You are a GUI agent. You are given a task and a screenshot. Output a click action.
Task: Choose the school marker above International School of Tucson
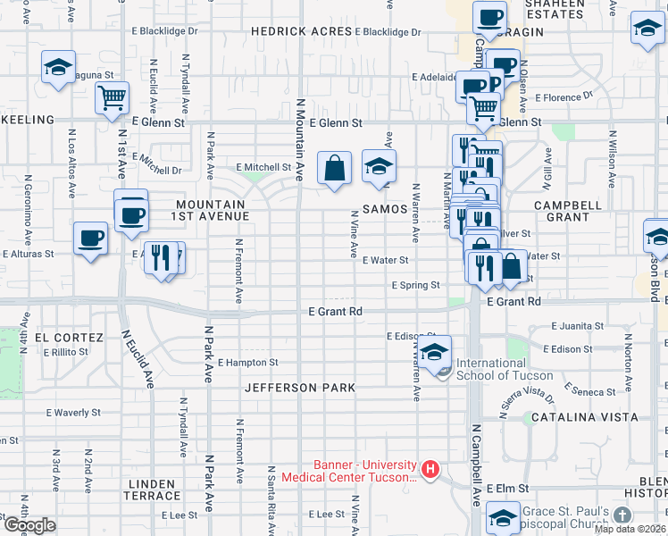[x=436, y=352]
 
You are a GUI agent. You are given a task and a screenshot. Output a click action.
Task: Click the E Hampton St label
[x=248, y=363]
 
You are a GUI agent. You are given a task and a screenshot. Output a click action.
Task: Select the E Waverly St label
[x=73, y=413]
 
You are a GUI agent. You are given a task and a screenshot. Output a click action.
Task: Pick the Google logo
[x=29, y=524]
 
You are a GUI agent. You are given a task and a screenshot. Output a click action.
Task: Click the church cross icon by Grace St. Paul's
[x=622, y=515]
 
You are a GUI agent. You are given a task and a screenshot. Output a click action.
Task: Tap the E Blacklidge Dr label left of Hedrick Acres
[x=168, y=31]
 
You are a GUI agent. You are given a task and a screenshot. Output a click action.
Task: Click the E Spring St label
[x=415, y=286]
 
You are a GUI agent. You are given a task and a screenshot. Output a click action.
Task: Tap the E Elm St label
[x=508, y=490]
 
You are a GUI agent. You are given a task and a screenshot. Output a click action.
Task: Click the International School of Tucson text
[x=505, y=369]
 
